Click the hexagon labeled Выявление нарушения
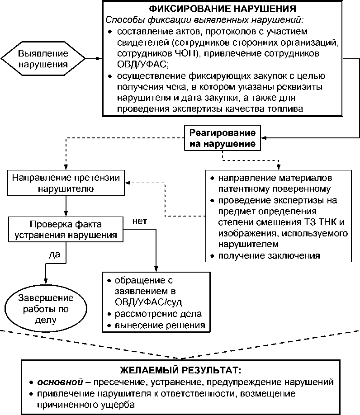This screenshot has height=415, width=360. [43, 59]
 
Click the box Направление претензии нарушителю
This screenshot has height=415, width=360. [66, 183]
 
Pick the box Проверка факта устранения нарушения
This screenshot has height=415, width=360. [66, 230]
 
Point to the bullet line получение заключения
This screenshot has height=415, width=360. [269, 256]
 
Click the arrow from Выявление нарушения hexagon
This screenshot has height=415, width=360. [94, 59]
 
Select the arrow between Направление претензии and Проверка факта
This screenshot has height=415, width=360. [66, 206]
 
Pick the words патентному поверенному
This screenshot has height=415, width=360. [274, 189]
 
